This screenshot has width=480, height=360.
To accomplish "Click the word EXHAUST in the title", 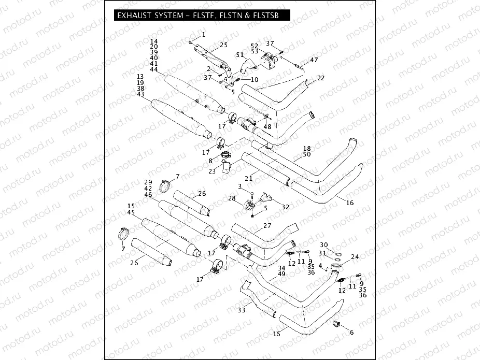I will (134, 16).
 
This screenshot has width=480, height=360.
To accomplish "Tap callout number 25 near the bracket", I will (223, 45).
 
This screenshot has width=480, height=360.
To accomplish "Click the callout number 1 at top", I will (203, 35).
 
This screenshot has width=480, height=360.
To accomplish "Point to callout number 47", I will (314, 60).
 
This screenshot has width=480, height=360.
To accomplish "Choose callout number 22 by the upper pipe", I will (321, 78).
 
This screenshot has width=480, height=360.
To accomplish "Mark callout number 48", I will (267, 126).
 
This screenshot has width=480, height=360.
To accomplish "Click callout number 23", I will (212, 170).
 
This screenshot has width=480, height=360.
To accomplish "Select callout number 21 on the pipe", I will (248, 178).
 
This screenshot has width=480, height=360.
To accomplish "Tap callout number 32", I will (285, 207).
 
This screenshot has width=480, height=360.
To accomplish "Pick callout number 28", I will (232, 198).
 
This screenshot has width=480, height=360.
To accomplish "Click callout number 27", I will (267, 225).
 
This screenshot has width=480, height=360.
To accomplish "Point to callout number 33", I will (241, 310).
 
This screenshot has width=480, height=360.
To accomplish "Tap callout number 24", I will (355, 257).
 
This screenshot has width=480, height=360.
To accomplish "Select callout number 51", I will (239, 54).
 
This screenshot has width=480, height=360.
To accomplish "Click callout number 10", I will (254, 79).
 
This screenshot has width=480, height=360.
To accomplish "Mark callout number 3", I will (239, 186).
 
